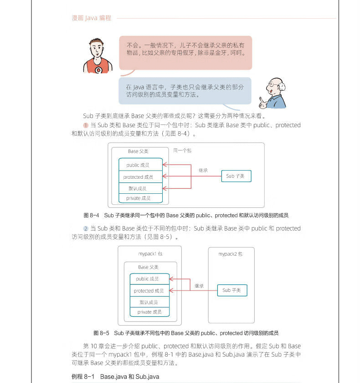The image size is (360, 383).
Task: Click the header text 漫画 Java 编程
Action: click(x=92, y=18)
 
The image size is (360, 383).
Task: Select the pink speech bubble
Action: click(x=185, y=52)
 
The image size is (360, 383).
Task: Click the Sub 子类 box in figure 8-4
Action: click(x=236, y=176)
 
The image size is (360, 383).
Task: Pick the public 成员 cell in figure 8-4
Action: click(x=138, y=165)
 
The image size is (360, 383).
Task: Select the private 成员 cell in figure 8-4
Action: click(x=138, y=198)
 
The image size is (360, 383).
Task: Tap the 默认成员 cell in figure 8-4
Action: click(x=138, y=188)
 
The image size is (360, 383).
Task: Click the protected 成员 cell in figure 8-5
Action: click(x=149, y=291)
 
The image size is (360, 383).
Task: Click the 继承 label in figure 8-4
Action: click(x=203, y=170)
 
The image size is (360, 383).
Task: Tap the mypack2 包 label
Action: click(x=230, y=254)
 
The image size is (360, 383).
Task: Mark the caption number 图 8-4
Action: click(x=92, y=215)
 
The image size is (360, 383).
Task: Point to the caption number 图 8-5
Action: click(x=101, y=333)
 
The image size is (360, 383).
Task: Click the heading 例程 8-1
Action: click(x=82, y=377)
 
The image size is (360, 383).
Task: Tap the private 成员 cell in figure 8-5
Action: click(x=149, y=312)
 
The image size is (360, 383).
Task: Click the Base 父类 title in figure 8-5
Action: click(x=149, y=267)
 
